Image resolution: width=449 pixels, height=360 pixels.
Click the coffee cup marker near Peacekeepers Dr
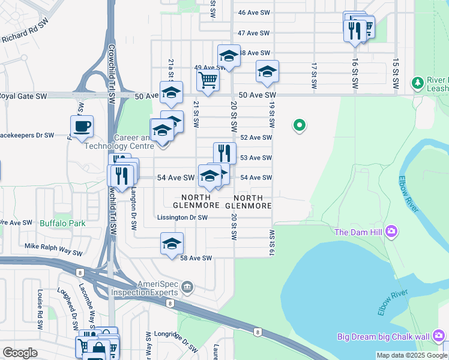[82, 127]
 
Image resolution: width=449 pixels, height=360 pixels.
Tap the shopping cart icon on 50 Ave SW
[208, 79]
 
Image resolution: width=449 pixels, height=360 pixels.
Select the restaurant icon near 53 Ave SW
[224, 153]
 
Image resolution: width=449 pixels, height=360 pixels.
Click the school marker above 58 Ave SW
[172, 244]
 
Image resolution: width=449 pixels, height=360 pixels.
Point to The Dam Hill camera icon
[391, 231]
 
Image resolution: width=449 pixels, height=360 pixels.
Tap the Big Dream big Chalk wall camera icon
[439, 335]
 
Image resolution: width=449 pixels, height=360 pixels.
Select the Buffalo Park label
[62, 223]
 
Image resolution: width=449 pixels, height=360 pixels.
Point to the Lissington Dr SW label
[182, 217]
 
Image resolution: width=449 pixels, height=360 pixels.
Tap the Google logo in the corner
[20, 352]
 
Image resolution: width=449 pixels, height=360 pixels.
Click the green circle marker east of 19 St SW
[299, 125]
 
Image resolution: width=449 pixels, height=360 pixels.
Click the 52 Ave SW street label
[256, 137]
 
